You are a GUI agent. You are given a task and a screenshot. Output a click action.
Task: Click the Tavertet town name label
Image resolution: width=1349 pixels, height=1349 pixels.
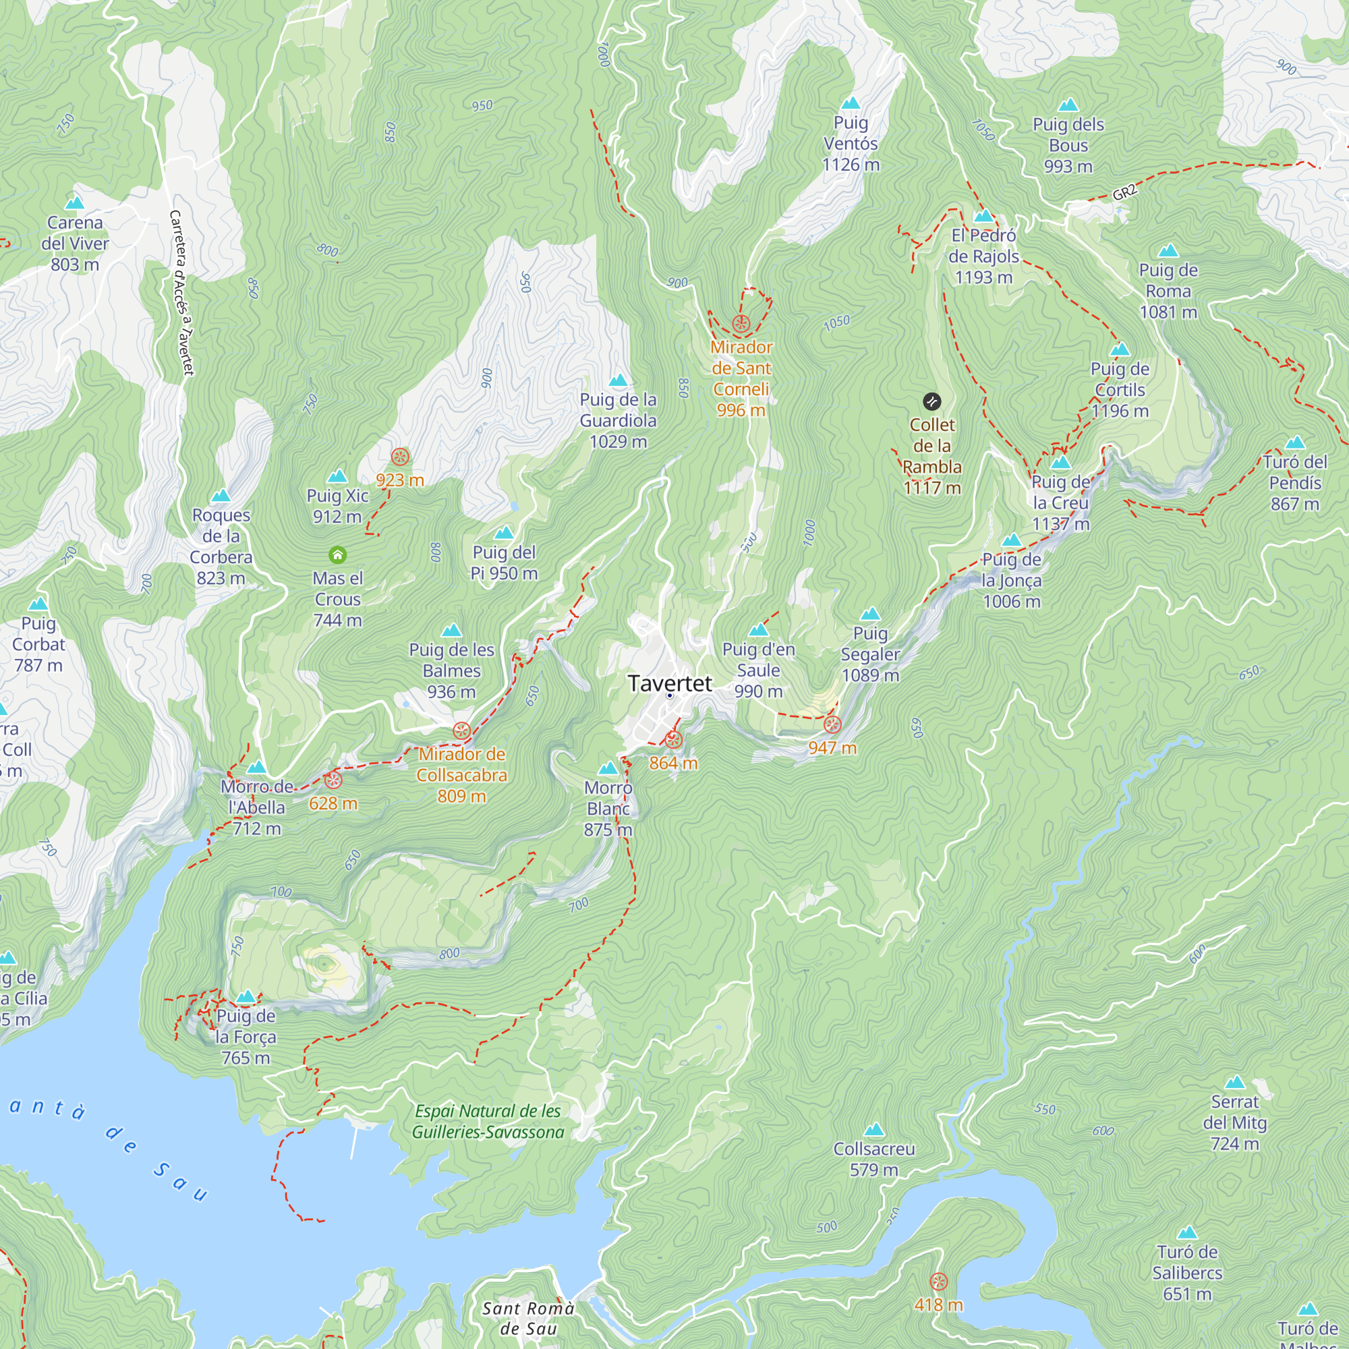pyautogui.click(x=670, y=683)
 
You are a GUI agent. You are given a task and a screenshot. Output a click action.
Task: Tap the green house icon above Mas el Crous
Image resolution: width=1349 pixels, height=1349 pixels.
pyautogui.click(x=337, y=555)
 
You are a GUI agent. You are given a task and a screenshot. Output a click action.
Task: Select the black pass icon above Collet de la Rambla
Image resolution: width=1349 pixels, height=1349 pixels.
pyautogui.click(x=931, y=401)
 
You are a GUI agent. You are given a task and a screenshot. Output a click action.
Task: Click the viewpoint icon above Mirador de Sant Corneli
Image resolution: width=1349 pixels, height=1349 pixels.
pyautogui.click(x=741, y=324)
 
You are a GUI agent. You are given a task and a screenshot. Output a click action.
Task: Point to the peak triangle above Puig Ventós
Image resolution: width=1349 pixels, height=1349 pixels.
pyautogui.click(x=851, y=103)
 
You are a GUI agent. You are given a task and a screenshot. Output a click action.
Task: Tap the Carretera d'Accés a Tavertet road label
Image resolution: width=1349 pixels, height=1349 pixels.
pyautogui.click(x=181, y=293)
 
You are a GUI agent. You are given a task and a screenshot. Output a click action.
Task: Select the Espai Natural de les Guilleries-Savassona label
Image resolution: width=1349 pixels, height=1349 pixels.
pyautogui.click(x=488, y=1122)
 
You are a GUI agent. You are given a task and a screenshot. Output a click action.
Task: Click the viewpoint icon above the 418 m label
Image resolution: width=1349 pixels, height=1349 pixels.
pyautogui.click(x=938, y=1282)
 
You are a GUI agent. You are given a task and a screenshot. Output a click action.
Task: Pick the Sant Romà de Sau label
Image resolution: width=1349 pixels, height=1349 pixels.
pyautogui.click(x=528, y=1318)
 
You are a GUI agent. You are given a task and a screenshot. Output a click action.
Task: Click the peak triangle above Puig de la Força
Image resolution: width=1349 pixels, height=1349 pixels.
pyautogui.click(x=245, y=997)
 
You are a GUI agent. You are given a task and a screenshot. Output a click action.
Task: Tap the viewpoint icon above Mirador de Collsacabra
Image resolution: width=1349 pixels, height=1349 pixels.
pyautogui.click(x=461, y=731)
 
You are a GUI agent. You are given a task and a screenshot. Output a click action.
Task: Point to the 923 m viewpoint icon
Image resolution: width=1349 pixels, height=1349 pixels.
pyautogui.click(x=400, y=457)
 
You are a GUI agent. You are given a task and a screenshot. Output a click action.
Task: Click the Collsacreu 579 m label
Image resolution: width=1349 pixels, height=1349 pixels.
pyautogui.click(x=873, y=1159)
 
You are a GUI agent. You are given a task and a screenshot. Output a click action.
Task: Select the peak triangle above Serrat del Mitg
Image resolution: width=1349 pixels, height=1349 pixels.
pyautogui.click(x=1234, y=1083)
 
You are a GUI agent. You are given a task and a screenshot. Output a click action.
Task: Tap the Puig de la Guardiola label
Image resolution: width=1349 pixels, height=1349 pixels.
pyautogui.click(x=618, y=420)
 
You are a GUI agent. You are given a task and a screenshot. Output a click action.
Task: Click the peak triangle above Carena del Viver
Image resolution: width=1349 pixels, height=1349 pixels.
pyautogui.click(x=74, y=203)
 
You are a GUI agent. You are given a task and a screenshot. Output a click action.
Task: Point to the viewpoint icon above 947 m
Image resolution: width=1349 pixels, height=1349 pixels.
pyautogui.click(x=832, y=725)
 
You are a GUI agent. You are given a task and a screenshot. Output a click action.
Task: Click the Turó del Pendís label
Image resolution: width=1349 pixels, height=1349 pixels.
pyautogui.click(x=1294, y=482)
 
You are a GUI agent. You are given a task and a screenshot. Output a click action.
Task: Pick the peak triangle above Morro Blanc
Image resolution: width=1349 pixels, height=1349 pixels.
pyautogui.click(x=608, y=769)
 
